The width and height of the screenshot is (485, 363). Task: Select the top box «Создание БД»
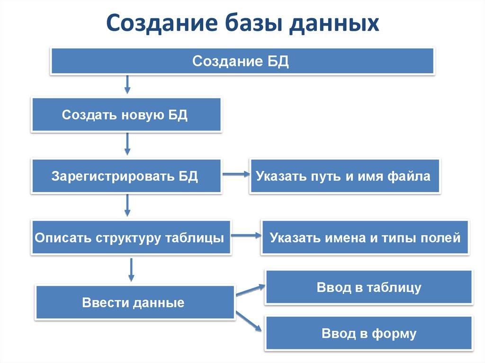tap(242, 62)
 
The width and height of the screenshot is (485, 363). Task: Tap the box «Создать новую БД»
tap(126, 115)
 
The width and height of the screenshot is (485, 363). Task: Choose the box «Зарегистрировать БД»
tap(126, 177)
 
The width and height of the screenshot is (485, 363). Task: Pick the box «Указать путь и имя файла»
tap(344, 177)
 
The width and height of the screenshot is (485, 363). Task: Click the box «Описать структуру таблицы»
tap(131, 238)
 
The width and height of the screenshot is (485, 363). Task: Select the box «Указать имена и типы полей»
tap(365, 238)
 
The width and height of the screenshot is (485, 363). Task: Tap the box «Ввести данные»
tap(135, 302)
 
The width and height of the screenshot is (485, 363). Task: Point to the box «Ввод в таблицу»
tap(368, 287)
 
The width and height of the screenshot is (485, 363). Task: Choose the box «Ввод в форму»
tap(368, 333)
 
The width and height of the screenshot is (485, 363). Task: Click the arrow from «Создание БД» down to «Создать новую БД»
tap(127, 84)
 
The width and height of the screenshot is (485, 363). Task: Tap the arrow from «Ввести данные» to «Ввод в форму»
tap(250, 321)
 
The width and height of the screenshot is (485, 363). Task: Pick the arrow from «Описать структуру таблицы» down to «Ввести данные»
tap(132, 269)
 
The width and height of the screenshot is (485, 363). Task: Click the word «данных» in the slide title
tap(334, 23)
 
